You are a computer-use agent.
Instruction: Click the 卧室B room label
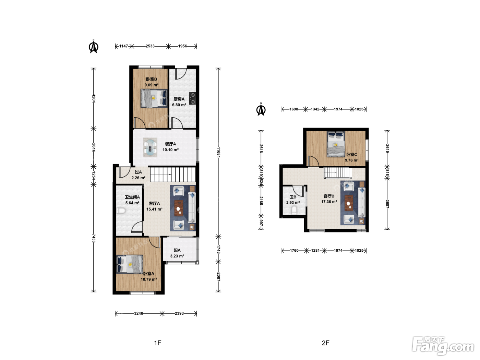click(x=151, y=79)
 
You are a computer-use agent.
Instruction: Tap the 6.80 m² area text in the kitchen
click(x=179, y=105)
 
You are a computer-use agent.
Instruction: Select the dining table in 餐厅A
click(x=150, y=147)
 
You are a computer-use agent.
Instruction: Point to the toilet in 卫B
click(x=294, y=211)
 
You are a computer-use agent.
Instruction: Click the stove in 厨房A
click(x=193, y=98)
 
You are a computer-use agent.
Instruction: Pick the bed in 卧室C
click(x=336, y=144)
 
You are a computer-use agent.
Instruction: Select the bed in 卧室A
click(x=130, y=264)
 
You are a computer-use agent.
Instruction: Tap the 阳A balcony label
click(x=177, y=251)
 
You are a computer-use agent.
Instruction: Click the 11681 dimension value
click(x=218, y=152)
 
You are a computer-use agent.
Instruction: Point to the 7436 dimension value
click(x=94, y=238)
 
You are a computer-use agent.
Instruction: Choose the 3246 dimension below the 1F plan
click(x=139, y=313)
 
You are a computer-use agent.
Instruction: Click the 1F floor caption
click(x=157, y=343)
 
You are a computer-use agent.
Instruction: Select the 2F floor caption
click(x=325, y=343)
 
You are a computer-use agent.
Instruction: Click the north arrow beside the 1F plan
click(x=94, y=46)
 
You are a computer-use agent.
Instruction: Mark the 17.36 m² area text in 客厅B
click(x=329, y=202)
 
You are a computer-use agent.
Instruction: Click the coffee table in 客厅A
click(x=179, y=208)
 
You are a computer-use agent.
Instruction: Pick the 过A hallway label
click(x=138, y=172)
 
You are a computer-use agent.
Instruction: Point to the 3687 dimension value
click(x=387, y=204)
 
